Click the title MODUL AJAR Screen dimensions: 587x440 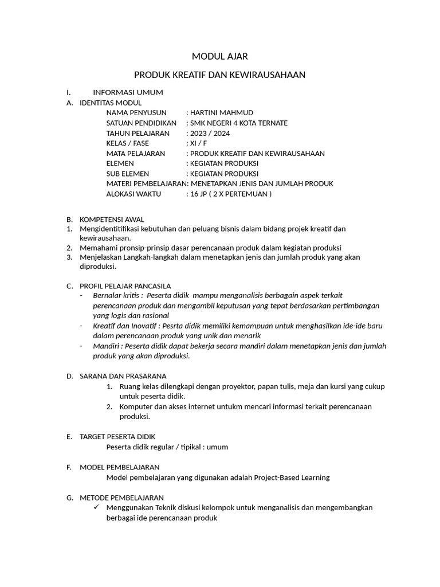point(219,56)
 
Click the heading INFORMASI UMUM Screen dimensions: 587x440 point(128,92)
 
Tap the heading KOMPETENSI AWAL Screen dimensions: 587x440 point(112,220)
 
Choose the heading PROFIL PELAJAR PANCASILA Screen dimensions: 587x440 point(125,286)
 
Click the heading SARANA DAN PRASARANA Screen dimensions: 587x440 point(123,376)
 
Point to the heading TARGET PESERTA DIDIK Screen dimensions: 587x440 point(117,437)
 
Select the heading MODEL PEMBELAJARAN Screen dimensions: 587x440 point(119,467)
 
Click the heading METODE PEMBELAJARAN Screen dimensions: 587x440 point(121,498)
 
